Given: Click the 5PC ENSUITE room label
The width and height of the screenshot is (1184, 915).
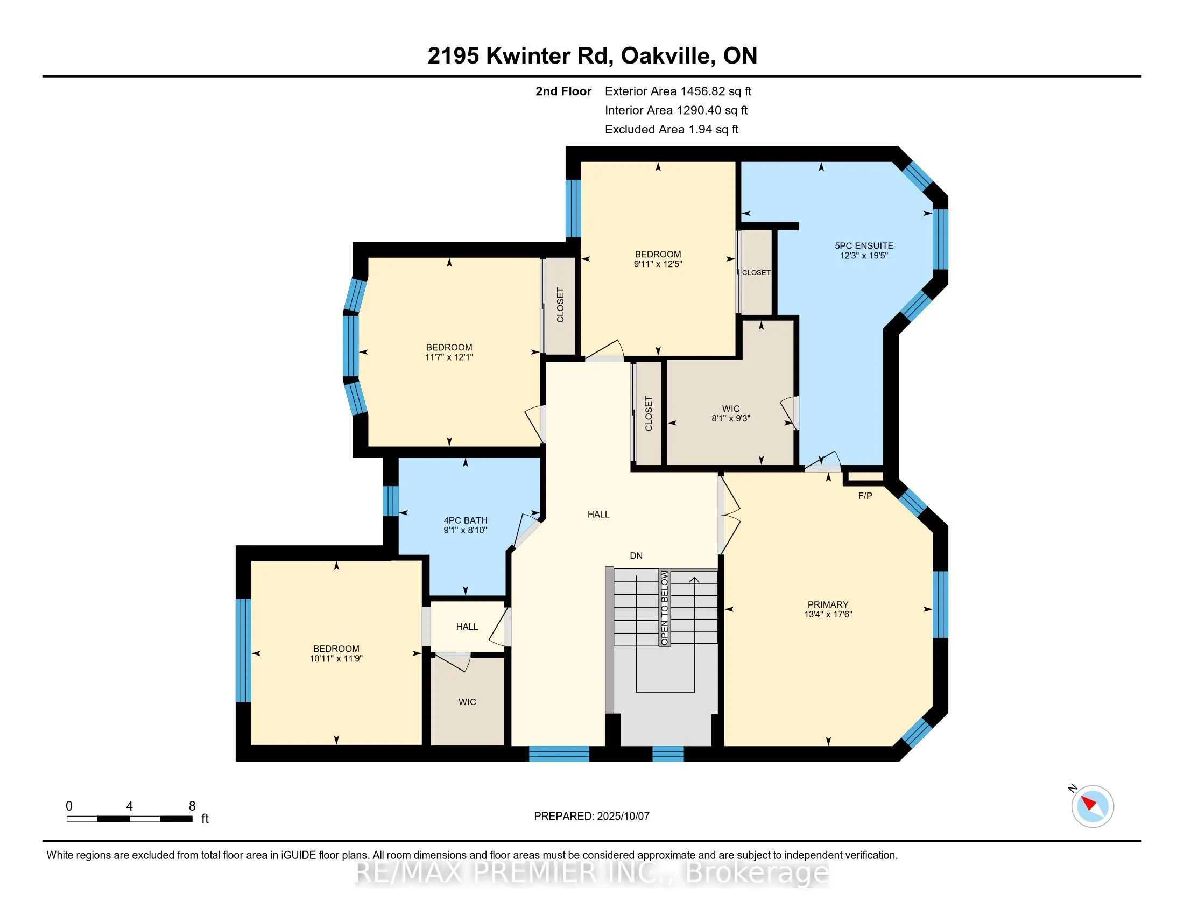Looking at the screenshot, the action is pyautogui.click(x=864, y=245).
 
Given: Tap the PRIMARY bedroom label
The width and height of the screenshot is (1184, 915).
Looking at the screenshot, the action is pyautogui.click(x=828, y=604).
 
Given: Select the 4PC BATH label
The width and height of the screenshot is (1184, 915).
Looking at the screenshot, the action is pyautogui.click(x=465, y=520).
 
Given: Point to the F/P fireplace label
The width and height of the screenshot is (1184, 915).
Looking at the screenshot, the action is pyautogui.click(x=865, y=496).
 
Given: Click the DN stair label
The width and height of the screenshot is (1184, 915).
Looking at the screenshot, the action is pyautogui.click(x=636, y=555).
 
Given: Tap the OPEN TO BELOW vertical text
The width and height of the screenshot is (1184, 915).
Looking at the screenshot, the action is pyautogui.click(x=665, y=607).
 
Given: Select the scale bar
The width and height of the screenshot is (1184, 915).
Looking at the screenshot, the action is pyautogui.click(x=130, y=819).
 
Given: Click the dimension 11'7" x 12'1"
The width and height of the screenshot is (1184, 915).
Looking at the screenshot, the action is pyautogui.click(x=449, y=357).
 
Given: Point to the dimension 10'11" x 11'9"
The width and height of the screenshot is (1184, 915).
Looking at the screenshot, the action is pyautogui.click(x=336, y=659).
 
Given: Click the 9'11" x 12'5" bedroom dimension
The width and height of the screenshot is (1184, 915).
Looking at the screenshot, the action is pyautogui.click(x=658, y=264).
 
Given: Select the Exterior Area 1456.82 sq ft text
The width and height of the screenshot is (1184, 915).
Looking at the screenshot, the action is pyautogui.click(x=678, y=91).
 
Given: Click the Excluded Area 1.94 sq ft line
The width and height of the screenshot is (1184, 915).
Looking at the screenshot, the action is pyautogui.click(x=672, y=129).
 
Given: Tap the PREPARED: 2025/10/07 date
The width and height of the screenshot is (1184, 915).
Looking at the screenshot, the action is pyautogui.click(x=591, y=816).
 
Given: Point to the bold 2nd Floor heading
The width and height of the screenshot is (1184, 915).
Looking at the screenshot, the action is pyautogui.click(x=563, y=91).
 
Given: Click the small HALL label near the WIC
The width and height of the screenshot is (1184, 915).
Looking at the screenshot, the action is pyautogui.click(x=467, y=627).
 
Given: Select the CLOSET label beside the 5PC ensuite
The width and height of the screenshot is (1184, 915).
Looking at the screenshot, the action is pyautogui.click(x=756, y=273).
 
